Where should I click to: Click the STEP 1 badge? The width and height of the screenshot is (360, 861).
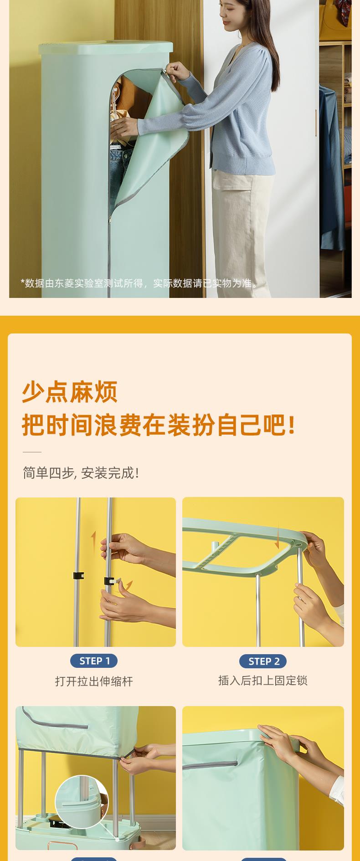pyautogui.click(x=94, y=661)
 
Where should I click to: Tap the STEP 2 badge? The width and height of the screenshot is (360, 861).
pyautogui.click(x=263, y=661)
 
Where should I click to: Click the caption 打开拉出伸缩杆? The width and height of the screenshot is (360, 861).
pyautogui.click(x=94, y=681)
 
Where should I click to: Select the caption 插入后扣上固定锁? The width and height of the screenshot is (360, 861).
pyautogui.click(x=263, y=680)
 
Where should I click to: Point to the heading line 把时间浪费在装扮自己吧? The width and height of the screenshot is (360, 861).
pyautogui.click(x=159, y=425)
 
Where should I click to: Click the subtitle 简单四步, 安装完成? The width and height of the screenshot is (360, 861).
pyautogui.click(x=81, y=473)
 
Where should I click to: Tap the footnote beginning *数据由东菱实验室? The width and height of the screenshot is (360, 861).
pyautogui.click(x=139, y=283)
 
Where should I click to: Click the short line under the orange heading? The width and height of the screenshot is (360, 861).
pyautogui.click(x=32, y=452)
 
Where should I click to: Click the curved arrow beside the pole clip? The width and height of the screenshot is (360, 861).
pyautogui.click(x=129, y=585)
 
